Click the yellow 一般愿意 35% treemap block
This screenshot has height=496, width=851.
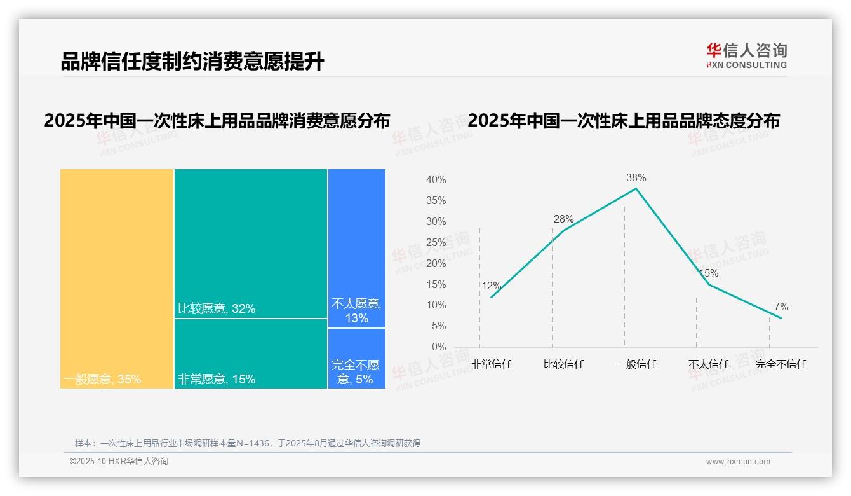point(117,278)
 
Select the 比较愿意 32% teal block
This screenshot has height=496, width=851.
point(250,243)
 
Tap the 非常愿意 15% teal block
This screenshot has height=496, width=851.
point(250,353)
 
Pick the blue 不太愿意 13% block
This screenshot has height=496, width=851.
point(357,248)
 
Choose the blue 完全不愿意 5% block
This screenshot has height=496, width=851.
point(357,358)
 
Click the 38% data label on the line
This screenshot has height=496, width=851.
point(636,178)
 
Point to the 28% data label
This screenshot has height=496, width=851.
point(563,219)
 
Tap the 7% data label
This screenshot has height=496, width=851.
point(781,307)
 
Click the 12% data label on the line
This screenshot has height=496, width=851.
point(491,286)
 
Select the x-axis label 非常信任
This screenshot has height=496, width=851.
point(491,364)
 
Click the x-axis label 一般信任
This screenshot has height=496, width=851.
point(636,364)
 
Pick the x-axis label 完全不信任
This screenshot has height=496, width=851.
point(781,364)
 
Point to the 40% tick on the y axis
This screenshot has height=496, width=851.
point(436,180)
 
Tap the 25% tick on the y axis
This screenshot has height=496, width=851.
point(436,242)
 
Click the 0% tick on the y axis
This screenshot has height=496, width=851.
point(438,347)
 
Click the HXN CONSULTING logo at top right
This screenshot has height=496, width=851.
point(746,55)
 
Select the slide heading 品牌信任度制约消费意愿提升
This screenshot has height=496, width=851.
point(192,62)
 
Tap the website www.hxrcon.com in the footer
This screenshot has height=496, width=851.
point(738,462)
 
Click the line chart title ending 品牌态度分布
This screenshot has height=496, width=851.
point(623,121)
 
